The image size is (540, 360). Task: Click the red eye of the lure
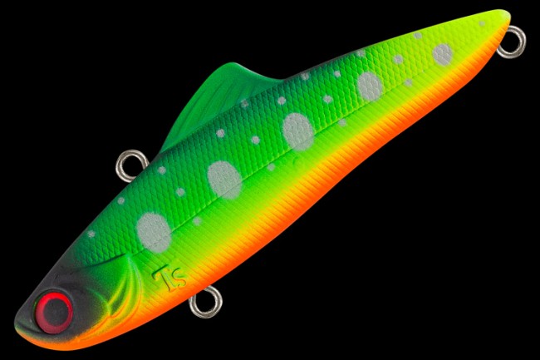[54, 312]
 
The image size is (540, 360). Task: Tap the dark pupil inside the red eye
[55, 313]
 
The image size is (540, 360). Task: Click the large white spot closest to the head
[154, 229]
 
